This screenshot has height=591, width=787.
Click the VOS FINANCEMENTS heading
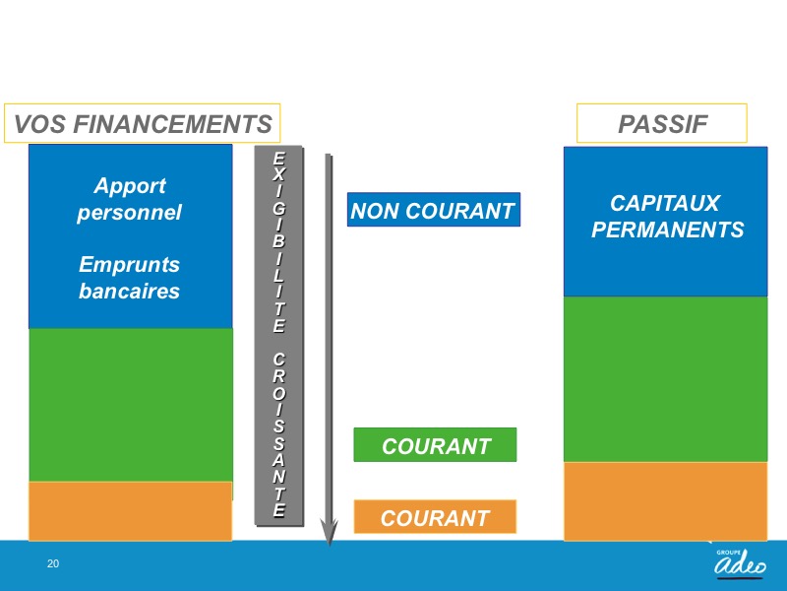click(x=142, y=124)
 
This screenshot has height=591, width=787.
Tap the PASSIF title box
click(x=661, y=124)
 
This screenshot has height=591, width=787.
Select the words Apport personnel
click(x=130, y=199)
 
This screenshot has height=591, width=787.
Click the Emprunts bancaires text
click(x=130, y=278)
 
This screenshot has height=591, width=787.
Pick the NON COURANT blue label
click(x=434, y=210)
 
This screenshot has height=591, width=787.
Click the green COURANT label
click(x=435, y=445)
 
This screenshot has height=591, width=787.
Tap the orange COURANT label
click(x=435, y=516)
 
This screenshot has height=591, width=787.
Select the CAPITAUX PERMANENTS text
click(x=667, y=217)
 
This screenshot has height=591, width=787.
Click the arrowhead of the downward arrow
click(x=330, y=533)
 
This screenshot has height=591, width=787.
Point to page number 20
click(x=53, y=563)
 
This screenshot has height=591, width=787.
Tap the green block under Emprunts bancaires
click(x=131, y=405)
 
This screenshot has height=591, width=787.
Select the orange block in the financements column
click(x=131, y=511)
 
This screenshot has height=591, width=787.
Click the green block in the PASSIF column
click(x=666, y=379)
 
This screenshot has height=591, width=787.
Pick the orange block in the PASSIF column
click(x=666, y=501)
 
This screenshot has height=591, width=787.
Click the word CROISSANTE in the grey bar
click(x=279, y=434)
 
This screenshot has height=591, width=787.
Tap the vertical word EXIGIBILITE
click(x=279, y=242)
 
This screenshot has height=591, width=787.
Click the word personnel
click(x=130, y=213)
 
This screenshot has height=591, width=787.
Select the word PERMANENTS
click(x=668, y=230)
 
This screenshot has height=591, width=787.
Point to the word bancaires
click(x=130, y=291)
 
